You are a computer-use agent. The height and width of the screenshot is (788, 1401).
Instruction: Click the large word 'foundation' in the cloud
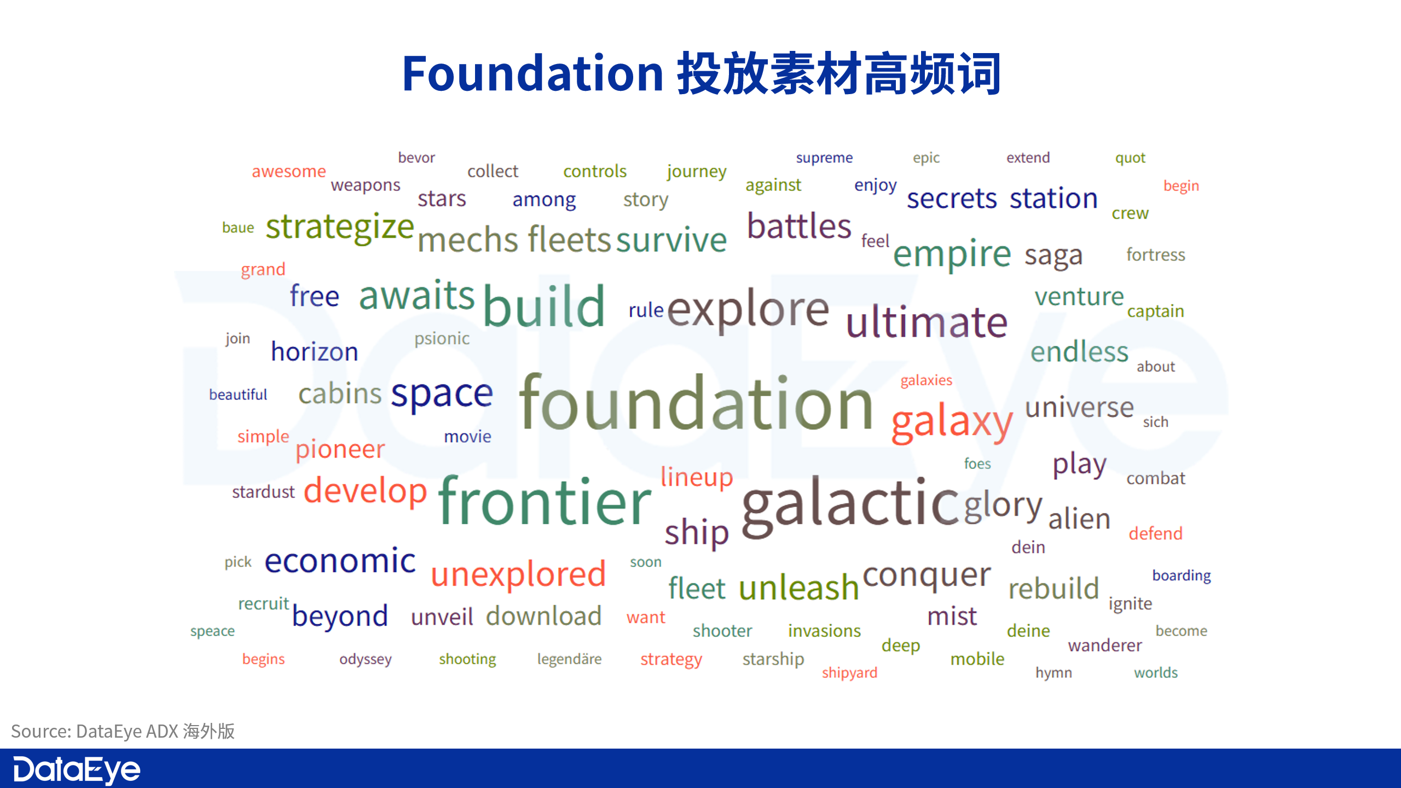tap(696, 403)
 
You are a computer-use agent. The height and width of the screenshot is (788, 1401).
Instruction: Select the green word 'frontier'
tap(545, 501)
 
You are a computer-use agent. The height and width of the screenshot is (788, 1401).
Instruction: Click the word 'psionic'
tap(442, 339)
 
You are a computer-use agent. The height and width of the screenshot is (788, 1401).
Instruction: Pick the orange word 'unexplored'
tap(518, 575)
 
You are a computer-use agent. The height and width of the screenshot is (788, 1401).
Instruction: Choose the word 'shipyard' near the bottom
tap(849, 673)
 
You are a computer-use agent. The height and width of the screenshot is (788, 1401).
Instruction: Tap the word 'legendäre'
tap(569, 659)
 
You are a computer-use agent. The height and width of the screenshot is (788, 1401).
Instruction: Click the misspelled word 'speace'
tap(212, 631)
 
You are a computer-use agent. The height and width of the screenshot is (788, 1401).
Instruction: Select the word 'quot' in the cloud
tap(1130, 158)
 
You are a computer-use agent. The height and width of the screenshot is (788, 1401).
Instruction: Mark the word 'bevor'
tap(416, 158)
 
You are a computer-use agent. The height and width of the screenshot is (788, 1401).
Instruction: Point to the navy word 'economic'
tap(340, 561)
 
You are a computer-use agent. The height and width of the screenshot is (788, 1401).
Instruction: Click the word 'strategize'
tap(340, 228)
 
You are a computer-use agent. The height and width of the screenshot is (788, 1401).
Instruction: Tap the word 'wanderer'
tap(1105, 646)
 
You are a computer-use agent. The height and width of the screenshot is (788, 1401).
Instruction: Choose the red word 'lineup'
tap(697, 477)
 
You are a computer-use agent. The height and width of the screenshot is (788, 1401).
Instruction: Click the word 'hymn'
tap(1053, 673)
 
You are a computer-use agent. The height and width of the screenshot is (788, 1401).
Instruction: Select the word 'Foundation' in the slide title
tap(533, 73)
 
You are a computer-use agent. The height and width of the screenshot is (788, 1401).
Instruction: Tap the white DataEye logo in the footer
tap(77, 770)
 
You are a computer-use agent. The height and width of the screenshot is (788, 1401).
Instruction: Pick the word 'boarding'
tap(1182, 576)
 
